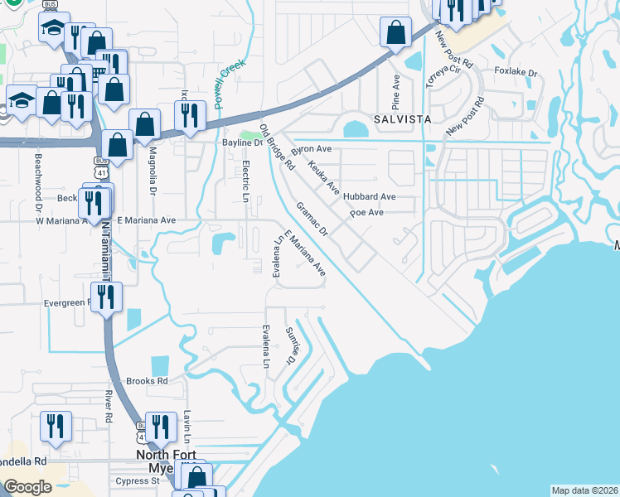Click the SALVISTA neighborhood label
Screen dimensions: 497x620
point(402,119)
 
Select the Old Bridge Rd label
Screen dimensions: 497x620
point(277,147)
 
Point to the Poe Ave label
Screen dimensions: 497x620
point(366,213)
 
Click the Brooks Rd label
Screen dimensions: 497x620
point(147,381)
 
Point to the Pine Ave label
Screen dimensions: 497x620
point(396,93)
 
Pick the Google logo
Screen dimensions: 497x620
point(28,487)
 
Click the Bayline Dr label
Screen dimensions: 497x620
point(241,142)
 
